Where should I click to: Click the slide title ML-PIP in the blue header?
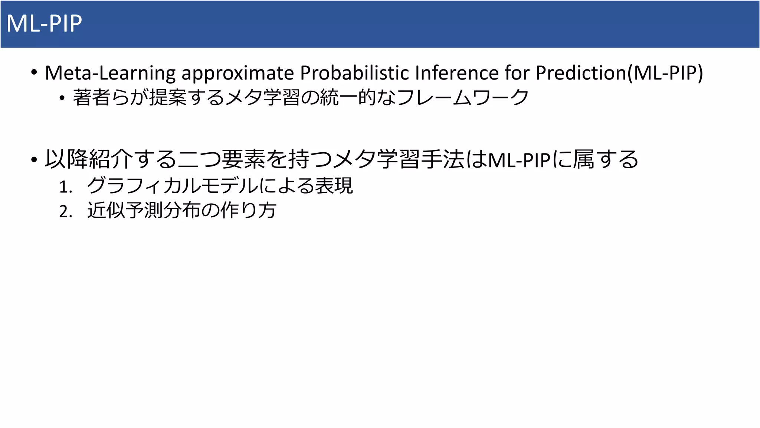click(x=44, y=24)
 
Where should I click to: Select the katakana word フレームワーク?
click(x=462, y=97)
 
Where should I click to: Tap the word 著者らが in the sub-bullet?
click(x=110, y=97)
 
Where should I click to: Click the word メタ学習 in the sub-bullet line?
click(x=263, y=97)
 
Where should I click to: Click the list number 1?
click(x=65, y=187)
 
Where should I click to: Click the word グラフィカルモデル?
click(x=172, y=185)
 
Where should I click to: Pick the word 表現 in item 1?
click(x=334, y=185)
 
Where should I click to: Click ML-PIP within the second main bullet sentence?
click(x=519, y=160)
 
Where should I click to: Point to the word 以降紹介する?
click(x=110, y=159)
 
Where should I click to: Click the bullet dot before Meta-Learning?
click(x=34, y=72)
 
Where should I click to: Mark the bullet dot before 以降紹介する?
click(x=34, y=160)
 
